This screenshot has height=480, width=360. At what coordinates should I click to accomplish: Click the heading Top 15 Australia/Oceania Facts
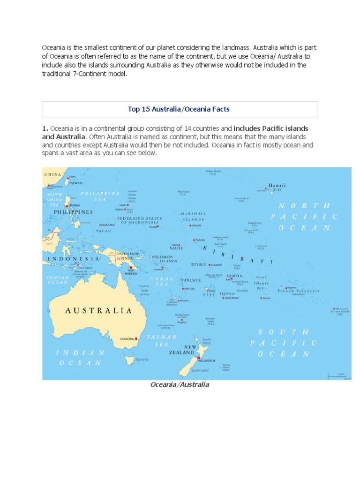(180, 109)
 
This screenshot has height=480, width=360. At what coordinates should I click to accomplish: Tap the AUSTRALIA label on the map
(98, 310)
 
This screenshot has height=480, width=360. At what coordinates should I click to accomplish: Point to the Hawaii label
(277, 185)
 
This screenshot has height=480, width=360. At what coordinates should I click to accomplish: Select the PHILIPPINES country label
(74, 212)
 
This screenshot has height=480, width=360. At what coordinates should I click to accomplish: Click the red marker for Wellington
(198, 358)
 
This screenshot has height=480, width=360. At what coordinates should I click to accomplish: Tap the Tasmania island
(130, 360)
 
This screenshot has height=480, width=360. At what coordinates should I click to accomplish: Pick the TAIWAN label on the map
(76, 183)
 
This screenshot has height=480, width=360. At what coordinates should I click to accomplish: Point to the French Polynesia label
(299, 291)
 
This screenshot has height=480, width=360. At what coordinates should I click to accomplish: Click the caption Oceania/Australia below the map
(180, 385)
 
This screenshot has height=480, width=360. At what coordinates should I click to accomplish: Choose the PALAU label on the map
(104, 231)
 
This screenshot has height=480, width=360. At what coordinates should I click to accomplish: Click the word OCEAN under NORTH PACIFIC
(305, 228)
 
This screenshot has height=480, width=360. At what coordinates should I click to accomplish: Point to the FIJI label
(208, 295)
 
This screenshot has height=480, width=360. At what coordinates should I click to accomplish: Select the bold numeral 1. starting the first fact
(45, 128)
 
